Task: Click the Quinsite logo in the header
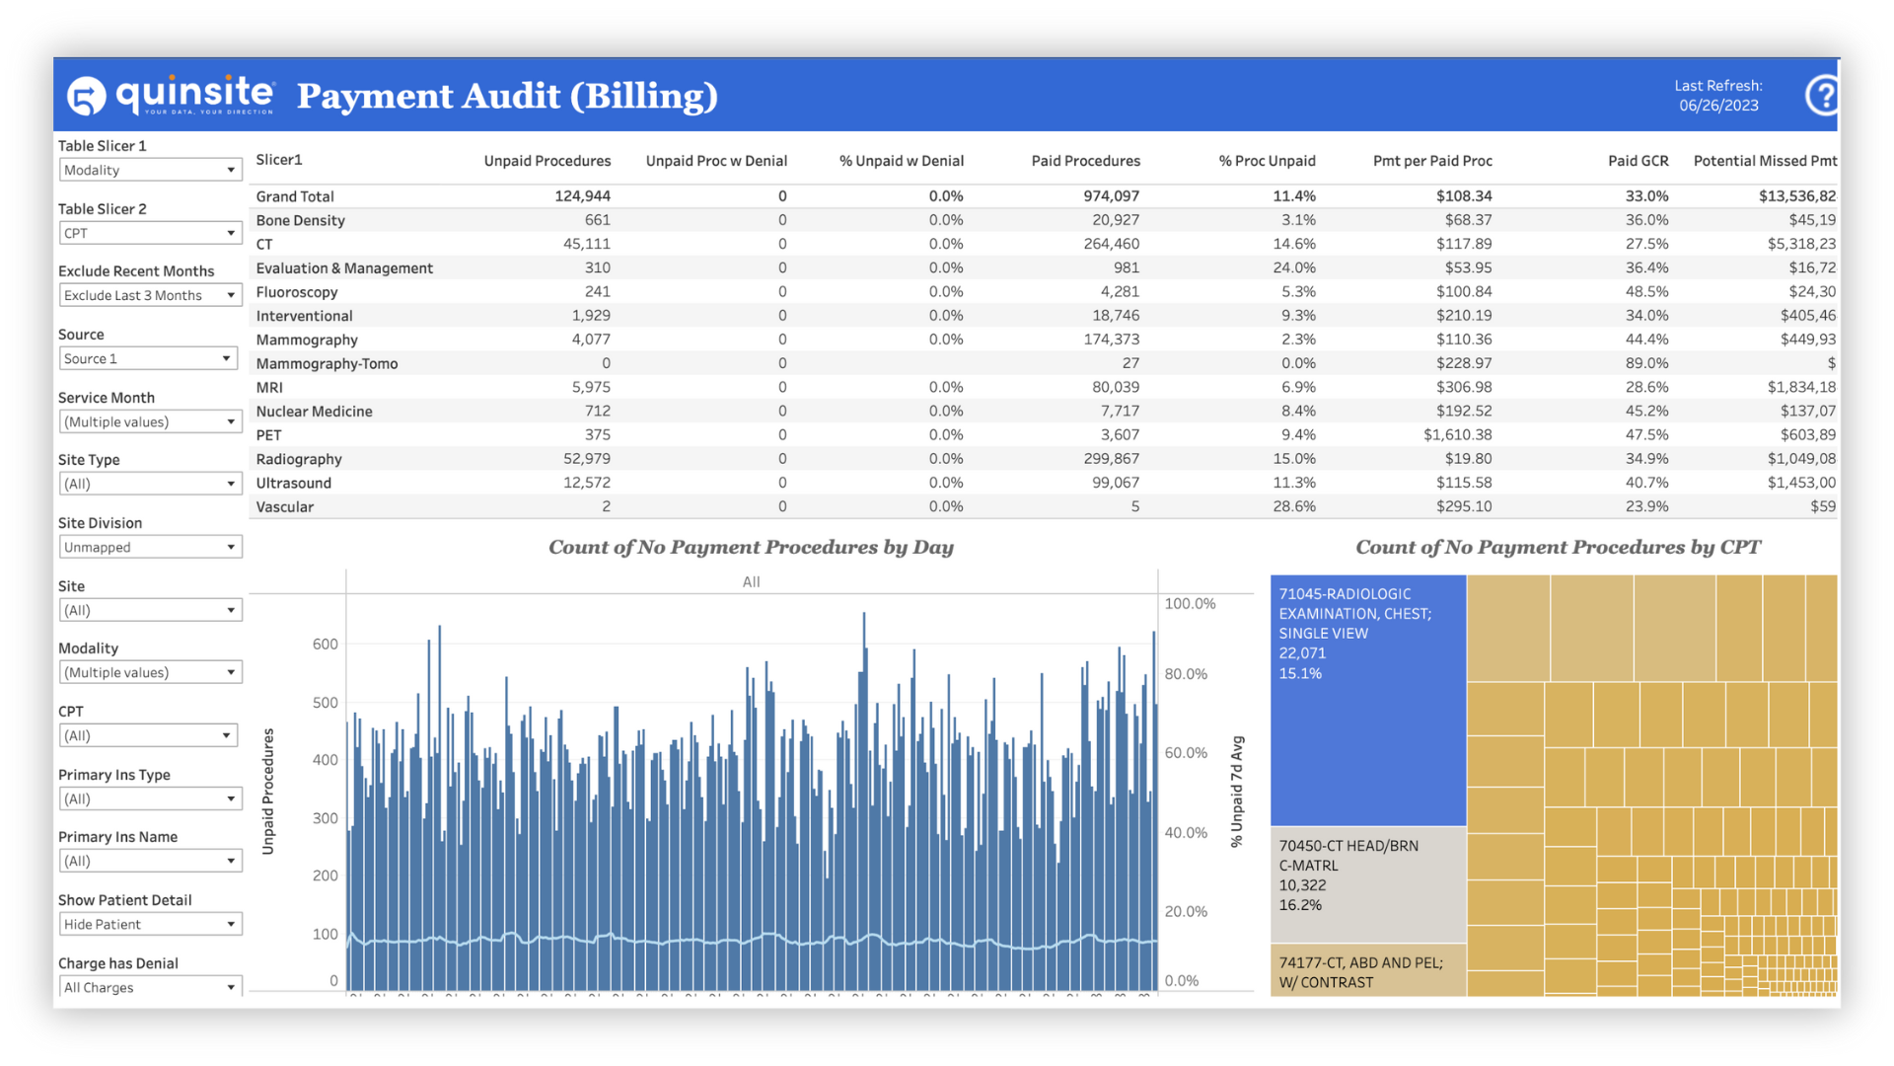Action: click(x=170, y=95)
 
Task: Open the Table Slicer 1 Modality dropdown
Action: click(x=150, y=170)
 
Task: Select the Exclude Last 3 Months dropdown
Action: click(x=150, y=295)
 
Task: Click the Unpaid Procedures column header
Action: click(x=546, y=161)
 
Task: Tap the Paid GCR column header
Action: click(x=1638, y=161)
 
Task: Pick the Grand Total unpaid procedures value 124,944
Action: click(x=582, y=196)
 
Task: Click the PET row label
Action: click(x=268, y=435)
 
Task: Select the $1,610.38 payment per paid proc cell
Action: click(x=1457, y=435)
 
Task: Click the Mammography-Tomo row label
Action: click(x=327, y=364)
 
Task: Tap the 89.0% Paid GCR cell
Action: click(x=1646, y=363)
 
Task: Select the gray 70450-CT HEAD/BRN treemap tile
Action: click(x=1367, y=883)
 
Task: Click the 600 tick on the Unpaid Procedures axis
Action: click(x=325, y=645)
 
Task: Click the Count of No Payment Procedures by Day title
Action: click(x=751, y=548)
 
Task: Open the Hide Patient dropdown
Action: click(x=150, y=924)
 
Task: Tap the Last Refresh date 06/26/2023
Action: click(x=1718, y=106)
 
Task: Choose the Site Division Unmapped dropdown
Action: click(x=150, y=547)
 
